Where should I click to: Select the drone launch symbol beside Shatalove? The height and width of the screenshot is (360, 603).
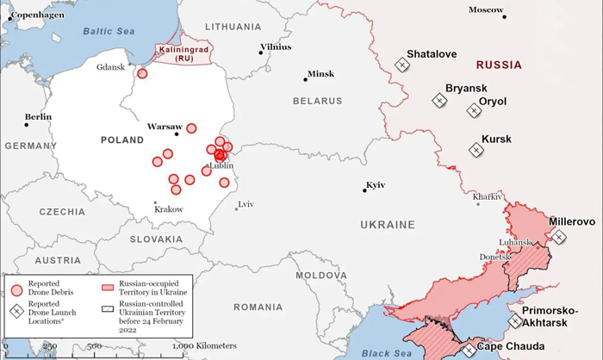pyautogui.click(x=401, y=65)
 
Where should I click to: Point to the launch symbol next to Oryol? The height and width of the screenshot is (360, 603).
pyautogui.click(x=473, y=110)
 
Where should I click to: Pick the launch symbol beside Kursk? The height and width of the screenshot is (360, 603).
pyautogui.click(x=475, y=150)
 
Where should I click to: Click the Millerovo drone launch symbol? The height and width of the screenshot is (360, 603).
pyautogui.click(x=559, y=237)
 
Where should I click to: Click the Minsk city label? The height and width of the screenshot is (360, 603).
pyautogui.click(x=320, y=74)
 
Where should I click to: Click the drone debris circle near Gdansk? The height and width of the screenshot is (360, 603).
pyautogui.click(x=142, y=73)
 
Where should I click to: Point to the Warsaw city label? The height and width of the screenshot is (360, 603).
pyautogui.click(x=164, y=126)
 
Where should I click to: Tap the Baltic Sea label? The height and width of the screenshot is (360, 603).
pyautogui.click(x=109, y=31)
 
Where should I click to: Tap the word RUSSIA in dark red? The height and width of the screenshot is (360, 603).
pyautogui.click(x=499, y=65)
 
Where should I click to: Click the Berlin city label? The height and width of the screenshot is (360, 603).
pyautogui.click(x=38, y=116)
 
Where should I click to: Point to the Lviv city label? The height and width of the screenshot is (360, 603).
pyautogui.click(x=246, y=204)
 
